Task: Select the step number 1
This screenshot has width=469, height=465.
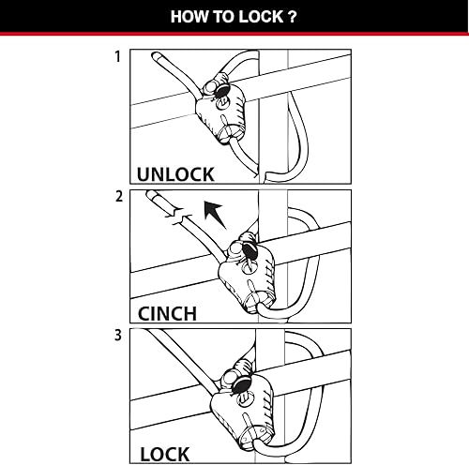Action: pos(117,57)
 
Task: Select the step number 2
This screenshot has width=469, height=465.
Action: pos(117,198)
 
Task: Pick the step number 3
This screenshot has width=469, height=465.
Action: pos(117,337)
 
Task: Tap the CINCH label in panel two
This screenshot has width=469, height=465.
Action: pos(168,313)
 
